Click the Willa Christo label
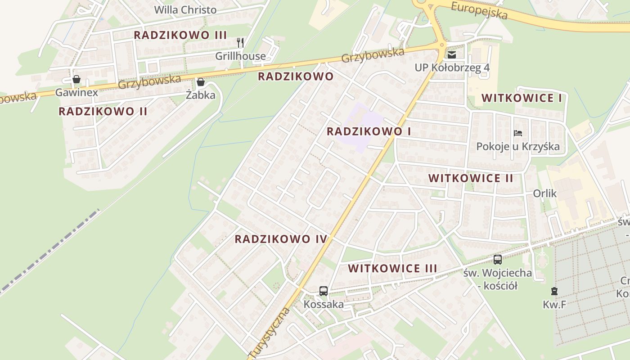pos(185,10)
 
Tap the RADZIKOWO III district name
pos(180,35)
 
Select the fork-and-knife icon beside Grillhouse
pos(240,43)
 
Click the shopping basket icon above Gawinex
pos(76,80)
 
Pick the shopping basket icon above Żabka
pos(201,82)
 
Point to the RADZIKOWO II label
pos(103,112)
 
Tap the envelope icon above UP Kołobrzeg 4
pos(452,55)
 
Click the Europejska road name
pos(479,11)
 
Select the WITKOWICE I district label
pos(522,98)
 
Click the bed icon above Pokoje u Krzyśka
pos(518,133)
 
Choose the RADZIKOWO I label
pos(369,131)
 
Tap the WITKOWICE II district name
pos(471,178)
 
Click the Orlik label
pos(544,193)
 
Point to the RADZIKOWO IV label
pos(281,239)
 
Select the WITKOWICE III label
pos(392,269)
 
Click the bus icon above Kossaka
pos(324,291)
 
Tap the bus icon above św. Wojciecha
pos(497,259)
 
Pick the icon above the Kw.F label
pos(554,291)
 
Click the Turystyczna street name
pos(269,333)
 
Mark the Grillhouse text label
pos(240,56)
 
